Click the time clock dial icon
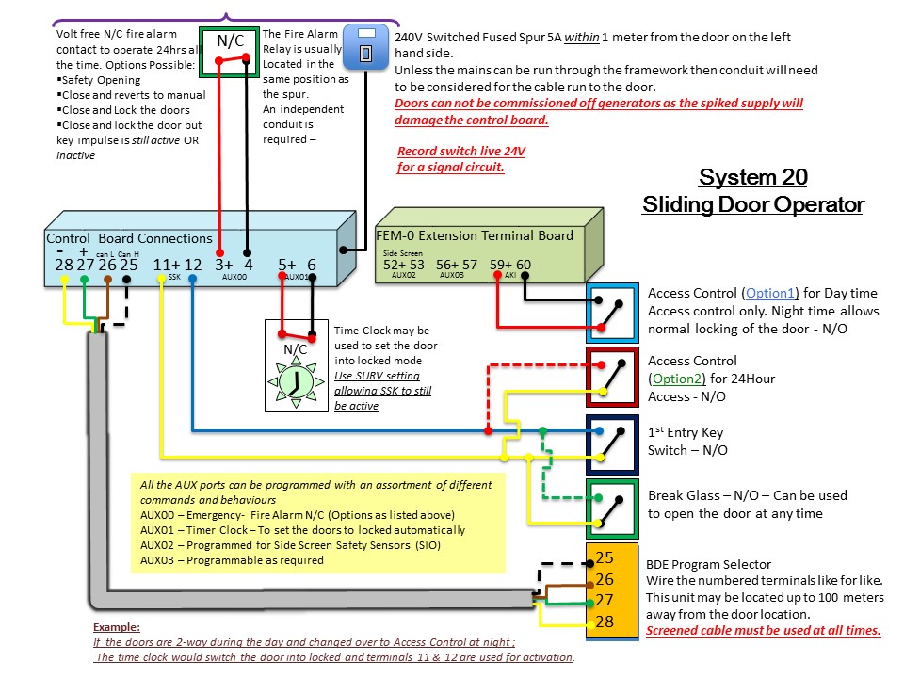(x=296, y=382)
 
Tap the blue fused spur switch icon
(x=365, y=47)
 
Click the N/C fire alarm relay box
(x=230, y=53)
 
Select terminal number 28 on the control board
(x=64, y=265)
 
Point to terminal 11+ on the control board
(x=167, y=265)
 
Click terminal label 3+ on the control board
(x=224, y=265)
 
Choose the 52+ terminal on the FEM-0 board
(x=395, y=265)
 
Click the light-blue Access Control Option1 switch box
(x=612, y=313)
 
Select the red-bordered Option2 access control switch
(x=612, y=377)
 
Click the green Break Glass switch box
(x=612, y=509)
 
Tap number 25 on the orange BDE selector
(x=605, y=557)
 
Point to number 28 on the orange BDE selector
(x=605, y=621)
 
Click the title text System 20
(x=753, y=177)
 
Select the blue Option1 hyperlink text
(x=770, y=293)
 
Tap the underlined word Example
(x=117, y=627)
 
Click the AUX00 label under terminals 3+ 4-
(x=234, y=277)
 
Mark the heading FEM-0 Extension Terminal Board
(x=475, y=235)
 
